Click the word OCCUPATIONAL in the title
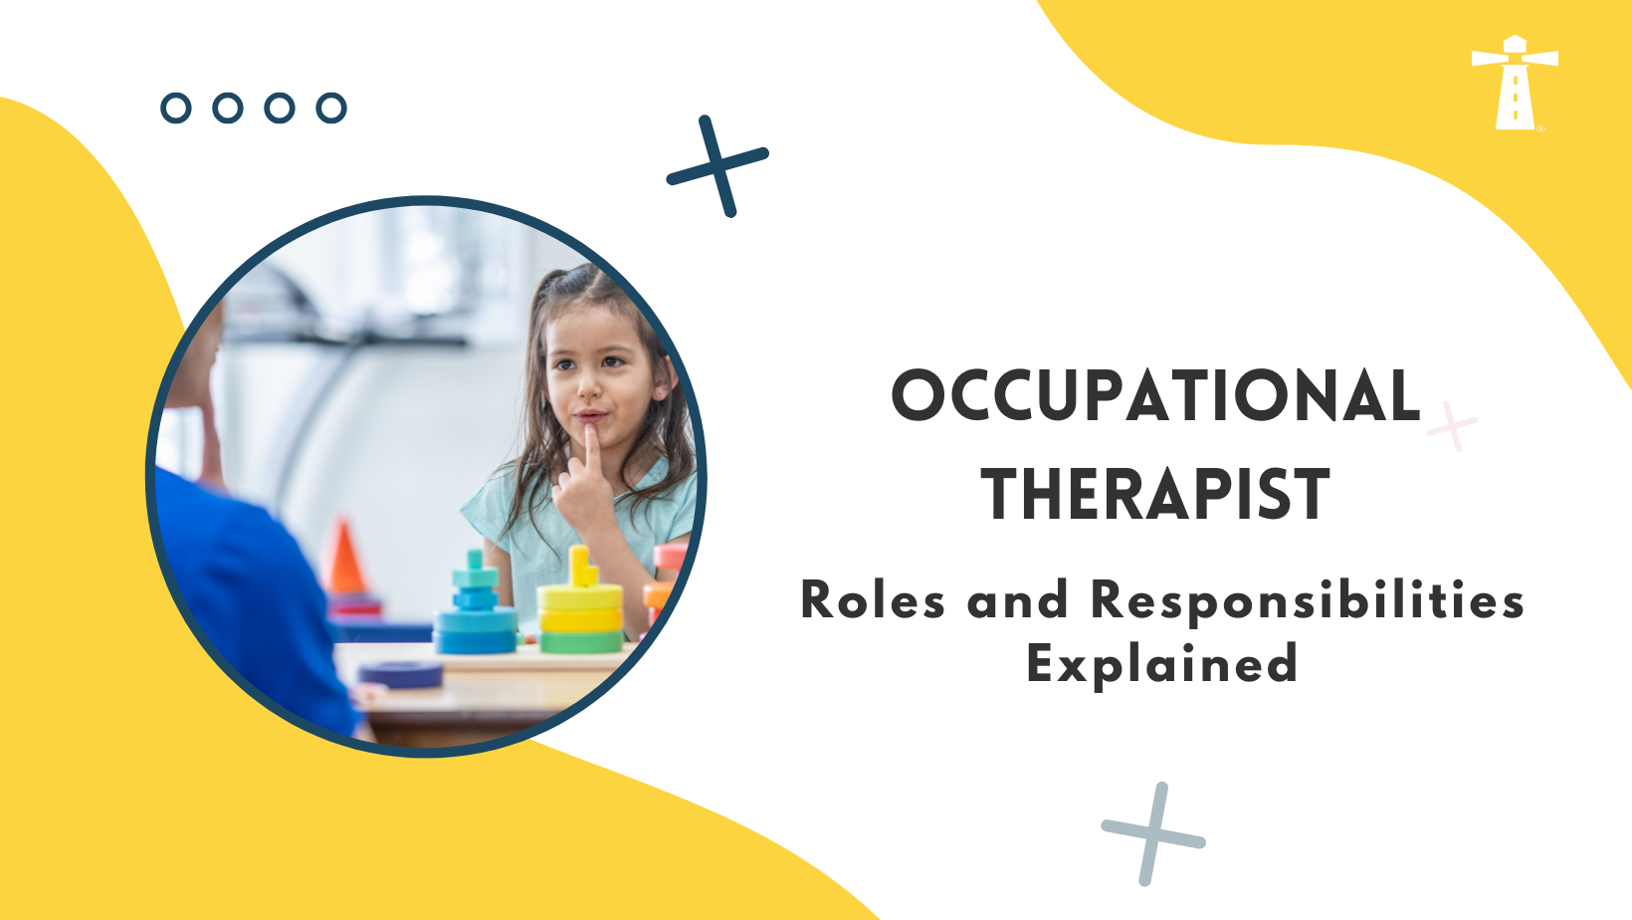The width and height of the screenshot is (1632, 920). point(1155,395)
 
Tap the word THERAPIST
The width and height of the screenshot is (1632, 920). point(1155,495)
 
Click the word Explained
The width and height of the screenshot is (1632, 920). point(1162,664)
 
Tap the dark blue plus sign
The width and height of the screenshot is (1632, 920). point(717,165)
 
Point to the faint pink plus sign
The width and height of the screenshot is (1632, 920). point(1453,426)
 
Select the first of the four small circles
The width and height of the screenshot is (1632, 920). point(176,108)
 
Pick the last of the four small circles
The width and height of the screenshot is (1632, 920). point(331,108)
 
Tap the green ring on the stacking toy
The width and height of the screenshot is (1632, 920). point(580,641)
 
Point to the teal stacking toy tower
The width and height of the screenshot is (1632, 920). point(476,607)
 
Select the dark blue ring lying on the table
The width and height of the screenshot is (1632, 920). point(401,674)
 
